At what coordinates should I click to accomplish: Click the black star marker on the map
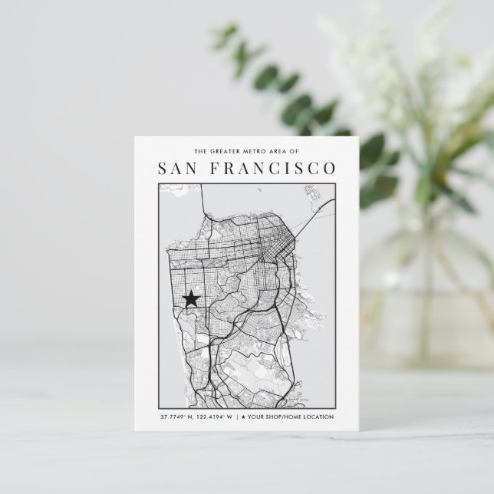click(190, 298)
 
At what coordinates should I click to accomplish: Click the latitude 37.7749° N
click(176, 417)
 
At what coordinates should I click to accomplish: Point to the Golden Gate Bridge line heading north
click(202, 203)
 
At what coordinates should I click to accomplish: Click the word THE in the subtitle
click(201, 151)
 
